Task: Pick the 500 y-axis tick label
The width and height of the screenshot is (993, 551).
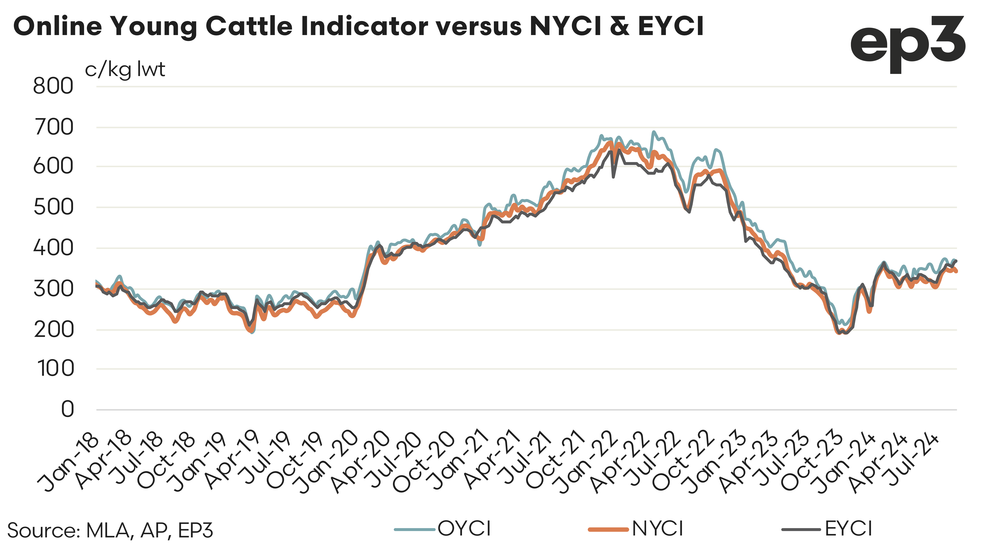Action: tap(53, 208)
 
